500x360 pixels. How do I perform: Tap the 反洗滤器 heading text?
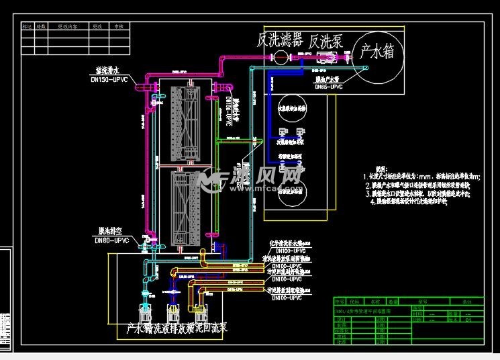point(281,40)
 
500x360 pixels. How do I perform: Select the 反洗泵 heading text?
point(326,40)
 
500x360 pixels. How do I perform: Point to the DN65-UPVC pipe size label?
point(329,87)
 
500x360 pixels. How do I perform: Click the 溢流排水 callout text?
point(107,71)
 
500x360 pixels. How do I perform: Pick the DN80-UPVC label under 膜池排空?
point(111,240)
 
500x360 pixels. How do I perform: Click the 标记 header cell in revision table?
point(28,26)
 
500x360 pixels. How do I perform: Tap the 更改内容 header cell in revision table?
point(68,26)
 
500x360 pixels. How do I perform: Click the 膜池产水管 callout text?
point(328,79)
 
